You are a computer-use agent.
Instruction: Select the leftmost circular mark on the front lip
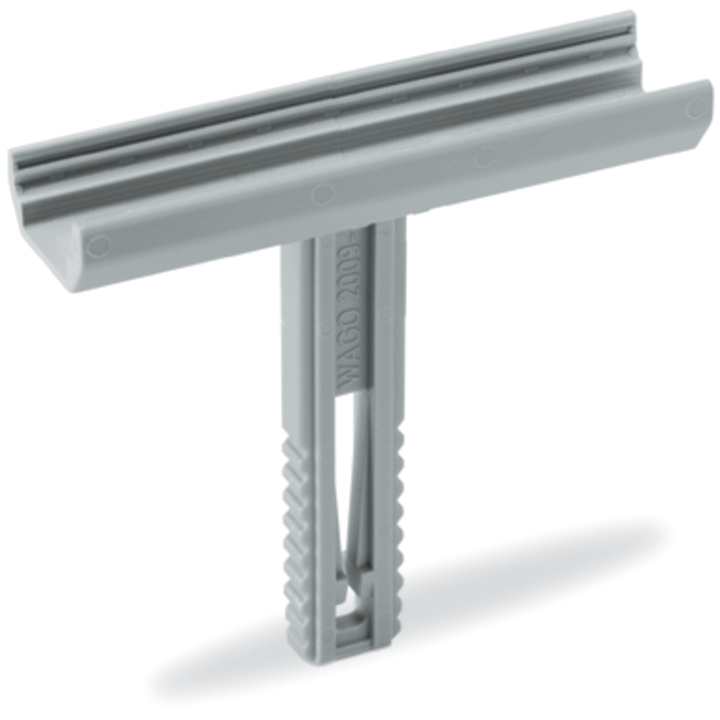tap(97, 244)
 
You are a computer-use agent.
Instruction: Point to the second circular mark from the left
tap(322, 193)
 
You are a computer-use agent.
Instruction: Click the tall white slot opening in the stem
tap(342, 440)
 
